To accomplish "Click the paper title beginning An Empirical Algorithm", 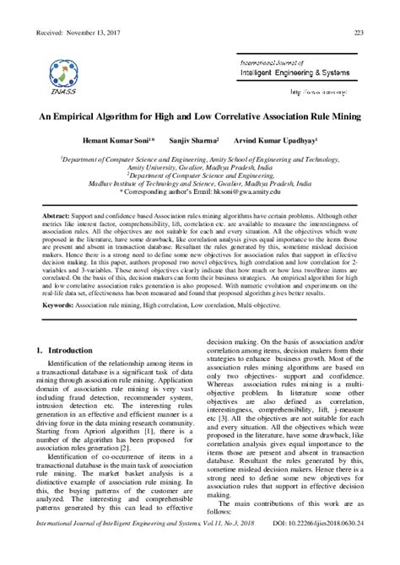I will point(199,115).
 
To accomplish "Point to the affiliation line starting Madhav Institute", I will point(199,185).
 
